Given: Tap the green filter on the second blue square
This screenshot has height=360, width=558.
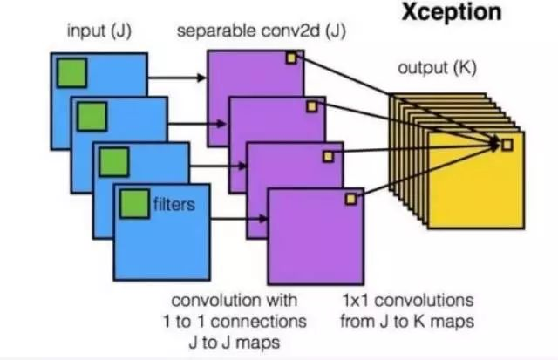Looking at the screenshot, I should pyautogui.click(x=92, y=115).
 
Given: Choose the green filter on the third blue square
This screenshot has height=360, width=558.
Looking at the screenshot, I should pyautogui.click(x=113, y=160).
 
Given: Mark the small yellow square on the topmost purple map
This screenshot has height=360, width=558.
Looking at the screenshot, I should pyautogui.click(x=292, y=58).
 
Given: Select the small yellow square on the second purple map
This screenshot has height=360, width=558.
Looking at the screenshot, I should pyautogui.click(x=311, y=105).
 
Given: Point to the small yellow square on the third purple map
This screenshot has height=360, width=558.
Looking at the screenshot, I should pyautogui.click(x=330, y=155).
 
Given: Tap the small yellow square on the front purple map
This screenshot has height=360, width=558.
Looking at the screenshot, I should pyautogui.click(x=350, y=199).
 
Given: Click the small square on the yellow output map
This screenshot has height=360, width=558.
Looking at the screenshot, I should pyautogui.click(x=506, y=144).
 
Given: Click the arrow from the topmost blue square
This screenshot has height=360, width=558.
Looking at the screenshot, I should pyautogui.click(x=177, y=77).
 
